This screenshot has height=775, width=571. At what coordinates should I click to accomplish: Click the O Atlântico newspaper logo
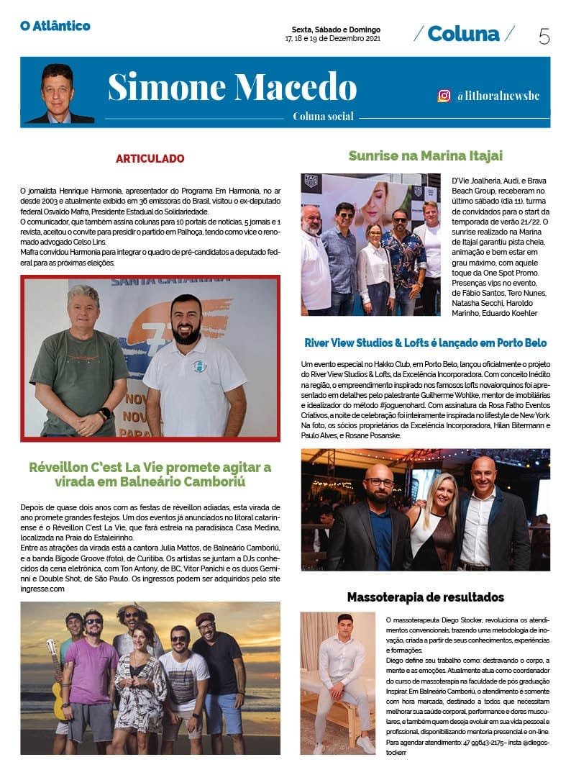[x=55, y=26]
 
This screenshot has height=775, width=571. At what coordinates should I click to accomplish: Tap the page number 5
[x=544, y=35]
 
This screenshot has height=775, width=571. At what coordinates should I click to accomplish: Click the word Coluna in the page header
[x=463, y=33]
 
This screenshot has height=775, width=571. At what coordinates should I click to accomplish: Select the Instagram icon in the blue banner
[x=444, y=96]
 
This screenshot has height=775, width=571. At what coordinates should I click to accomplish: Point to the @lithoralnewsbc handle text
[x=498, y=96]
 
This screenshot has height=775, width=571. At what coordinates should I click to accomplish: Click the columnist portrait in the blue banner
[x=58, y=94]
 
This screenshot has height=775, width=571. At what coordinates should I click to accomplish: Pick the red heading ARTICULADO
[x=150, y=158]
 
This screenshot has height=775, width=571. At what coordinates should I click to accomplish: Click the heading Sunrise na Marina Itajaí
[x=425, y=155]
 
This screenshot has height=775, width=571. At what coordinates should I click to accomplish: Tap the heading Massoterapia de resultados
[x=425, y=597]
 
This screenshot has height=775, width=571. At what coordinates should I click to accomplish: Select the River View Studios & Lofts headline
[x=425, y=343]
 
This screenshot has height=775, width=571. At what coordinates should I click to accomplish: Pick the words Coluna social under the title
[x=323, y=117]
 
